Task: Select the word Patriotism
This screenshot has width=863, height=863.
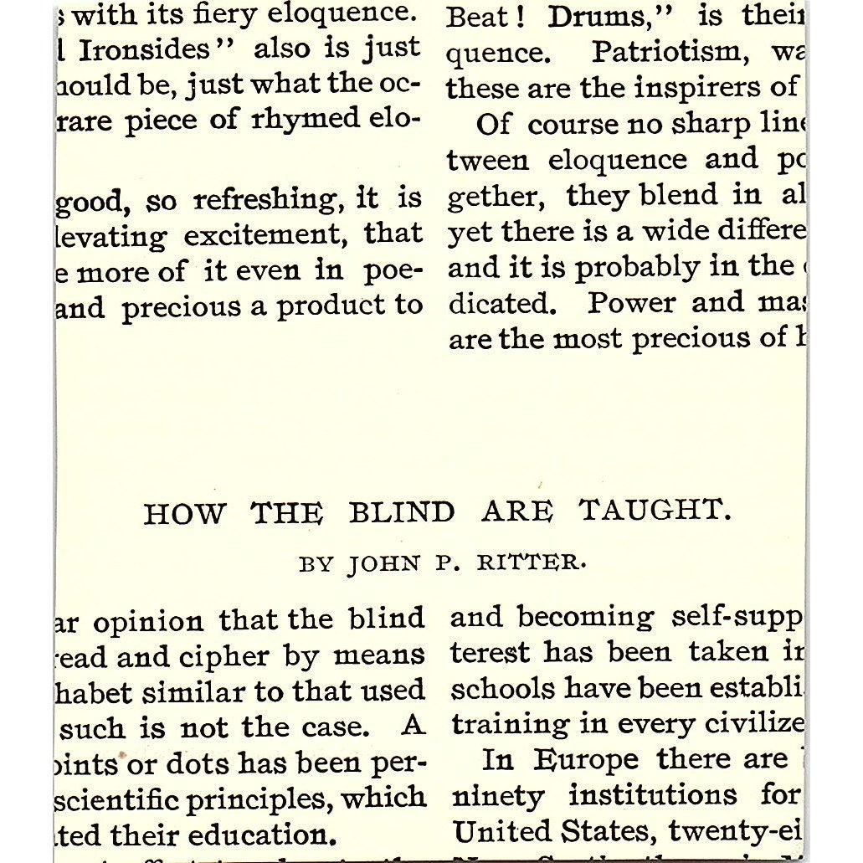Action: [660, 54]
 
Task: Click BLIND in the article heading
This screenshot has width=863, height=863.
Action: [402, 512]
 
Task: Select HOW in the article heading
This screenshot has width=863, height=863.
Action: [183, 513]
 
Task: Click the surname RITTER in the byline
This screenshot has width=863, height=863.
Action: [531, 563]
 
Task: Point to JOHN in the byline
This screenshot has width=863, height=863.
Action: [384, 564]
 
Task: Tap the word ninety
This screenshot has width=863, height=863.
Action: [497, 796]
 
